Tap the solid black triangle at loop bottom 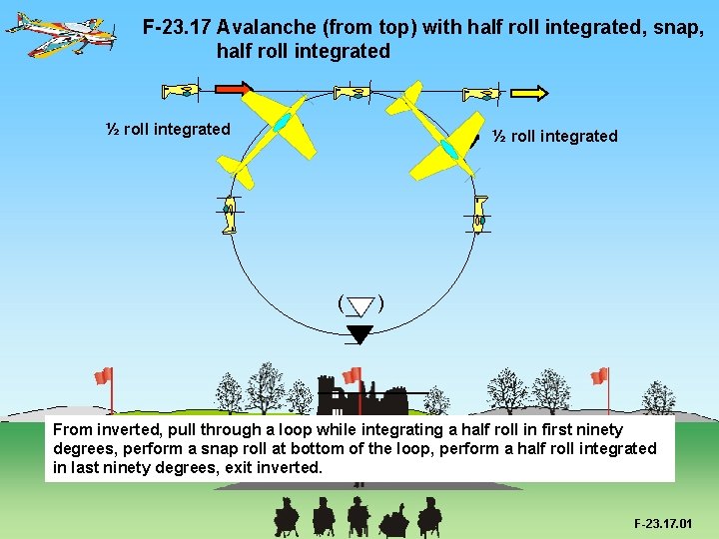point(359,333)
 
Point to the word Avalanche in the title point(263,27)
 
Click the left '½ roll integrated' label point(168,129)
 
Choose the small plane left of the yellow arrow point(480,95)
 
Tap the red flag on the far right point(599,376)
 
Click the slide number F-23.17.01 point(663,523)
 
